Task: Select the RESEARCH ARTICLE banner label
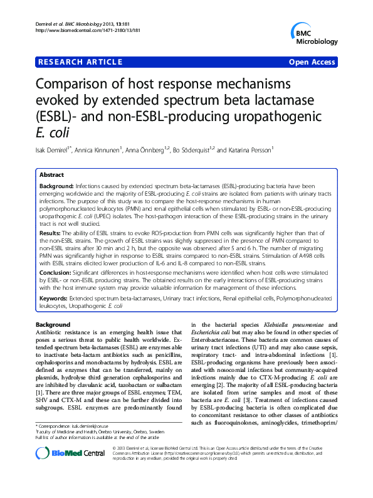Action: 80,61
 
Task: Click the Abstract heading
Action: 51,175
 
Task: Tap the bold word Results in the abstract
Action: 51,232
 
